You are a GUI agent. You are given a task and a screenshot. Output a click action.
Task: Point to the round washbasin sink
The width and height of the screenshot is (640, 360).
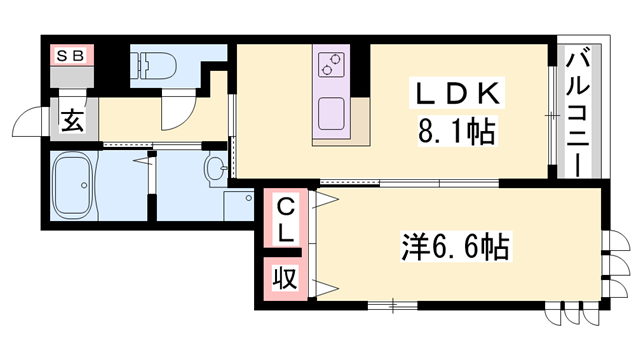point(215,168)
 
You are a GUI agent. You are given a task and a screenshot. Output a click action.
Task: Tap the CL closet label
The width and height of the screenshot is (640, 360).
point(284,221)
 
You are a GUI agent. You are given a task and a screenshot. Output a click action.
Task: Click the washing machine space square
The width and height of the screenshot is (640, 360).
point(238,204)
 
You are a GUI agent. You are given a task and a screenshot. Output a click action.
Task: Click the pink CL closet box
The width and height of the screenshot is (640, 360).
point(284,221)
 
